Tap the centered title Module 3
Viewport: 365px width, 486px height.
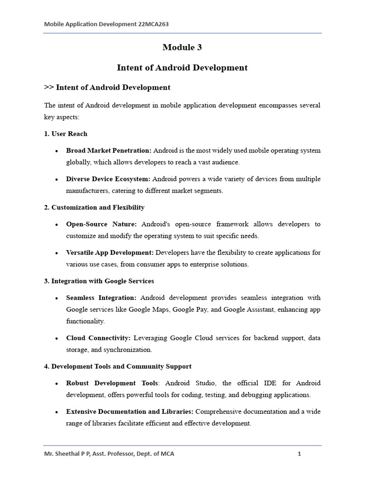coord(182,47)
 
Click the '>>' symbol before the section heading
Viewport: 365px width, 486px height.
coord(48,87)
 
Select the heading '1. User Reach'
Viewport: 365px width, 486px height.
coord(66,134)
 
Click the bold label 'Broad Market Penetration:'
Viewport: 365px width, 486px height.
coord(109,150)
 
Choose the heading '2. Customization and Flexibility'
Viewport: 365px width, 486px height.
coord(94,207)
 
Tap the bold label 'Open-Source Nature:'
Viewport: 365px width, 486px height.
coord(101,224)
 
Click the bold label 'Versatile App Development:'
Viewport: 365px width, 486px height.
coord(110,252)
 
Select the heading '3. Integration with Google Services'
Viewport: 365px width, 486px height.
coord(99,281)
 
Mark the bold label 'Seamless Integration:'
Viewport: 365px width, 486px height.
coord(101,298)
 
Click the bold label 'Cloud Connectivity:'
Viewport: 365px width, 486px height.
coord(98,338)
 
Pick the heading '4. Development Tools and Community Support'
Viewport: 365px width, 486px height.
coord(118,366)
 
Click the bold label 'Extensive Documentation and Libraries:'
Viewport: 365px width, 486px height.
coord(130,411)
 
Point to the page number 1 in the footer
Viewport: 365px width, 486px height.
coord(299,454)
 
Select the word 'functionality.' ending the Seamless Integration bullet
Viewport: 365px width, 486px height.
coord(86,321)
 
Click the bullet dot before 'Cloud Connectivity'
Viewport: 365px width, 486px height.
coord(57,338)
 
